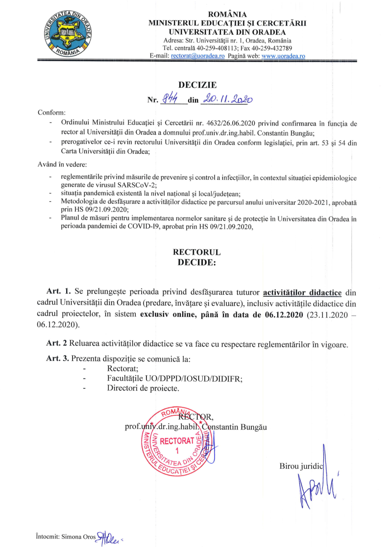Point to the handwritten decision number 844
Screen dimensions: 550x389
point(173,99)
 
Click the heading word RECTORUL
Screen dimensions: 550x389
point(197,252)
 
